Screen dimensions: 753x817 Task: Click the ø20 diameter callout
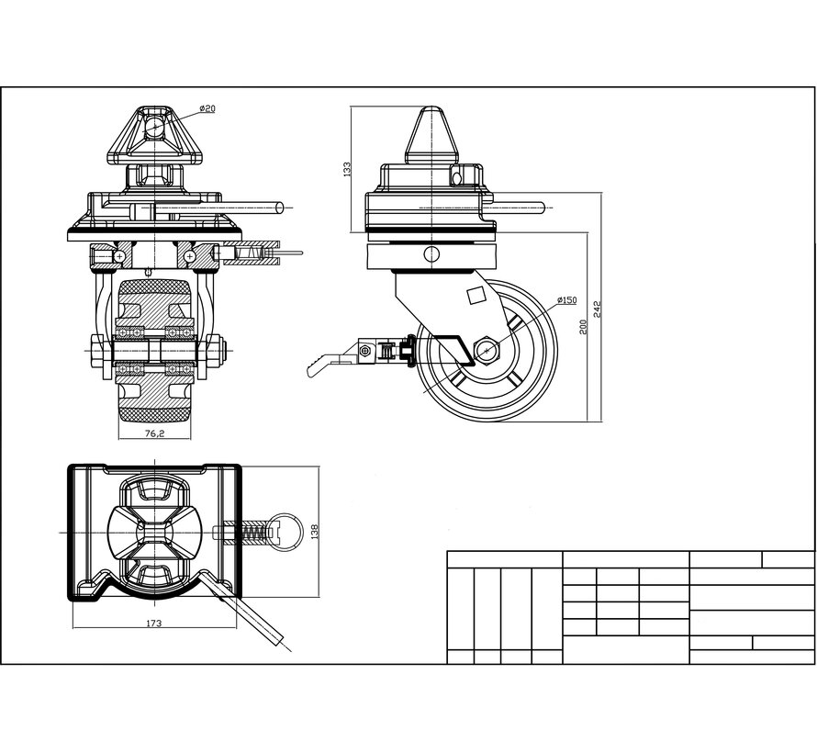point(207,109)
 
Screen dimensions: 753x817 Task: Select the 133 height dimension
point(348,171)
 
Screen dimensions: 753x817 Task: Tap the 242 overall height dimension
point(599,309)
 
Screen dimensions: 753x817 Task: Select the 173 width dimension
point(153,624)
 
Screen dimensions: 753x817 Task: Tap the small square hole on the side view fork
point(476,295)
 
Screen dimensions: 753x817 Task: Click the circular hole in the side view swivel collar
point(429,255)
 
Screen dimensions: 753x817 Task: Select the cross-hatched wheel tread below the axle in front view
point(153,410)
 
